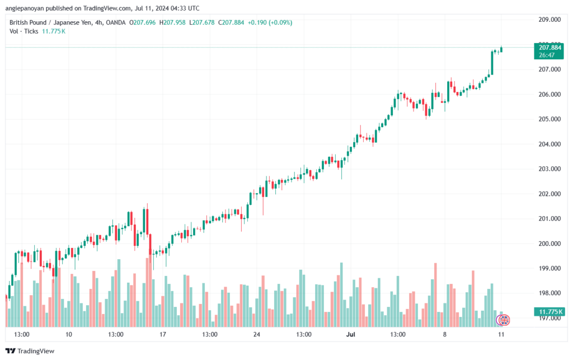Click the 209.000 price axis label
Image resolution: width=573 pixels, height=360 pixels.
coord(549,20)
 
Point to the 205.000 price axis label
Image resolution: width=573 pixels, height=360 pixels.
coord(549,119)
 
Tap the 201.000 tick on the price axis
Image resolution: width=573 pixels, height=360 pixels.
coord(549,218)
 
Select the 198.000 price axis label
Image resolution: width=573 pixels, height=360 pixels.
coord(549,293)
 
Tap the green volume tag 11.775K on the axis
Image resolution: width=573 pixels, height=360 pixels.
coord(549,312)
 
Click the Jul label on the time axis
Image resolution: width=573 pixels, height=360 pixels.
coord(351,334)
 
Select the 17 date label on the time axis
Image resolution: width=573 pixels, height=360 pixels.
coord(163,334)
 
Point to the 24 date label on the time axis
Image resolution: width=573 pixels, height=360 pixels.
coord(256,334)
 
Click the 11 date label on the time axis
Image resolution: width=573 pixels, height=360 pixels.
coord(501,334)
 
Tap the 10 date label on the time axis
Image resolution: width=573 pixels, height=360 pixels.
coord(69,334)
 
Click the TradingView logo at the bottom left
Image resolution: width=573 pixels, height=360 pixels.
coord(30,351)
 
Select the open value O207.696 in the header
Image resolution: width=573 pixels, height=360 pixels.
coord(143,22)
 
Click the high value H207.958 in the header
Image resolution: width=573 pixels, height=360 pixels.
coord(172,22)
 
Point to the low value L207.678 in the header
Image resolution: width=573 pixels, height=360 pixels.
coord(201,22)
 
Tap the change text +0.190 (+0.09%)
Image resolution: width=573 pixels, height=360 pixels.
coord(270,22)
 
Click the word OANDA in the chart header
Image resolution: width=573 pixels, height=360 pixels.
coord(115,22)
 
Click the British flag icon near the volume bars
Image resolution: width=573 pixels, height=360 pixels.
coord(504,320)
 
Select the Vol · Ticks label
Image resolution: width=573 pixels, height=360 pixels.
coord(24,31)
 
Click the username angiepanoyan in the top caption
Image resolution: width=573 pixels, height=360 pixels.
coord(25,8)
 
